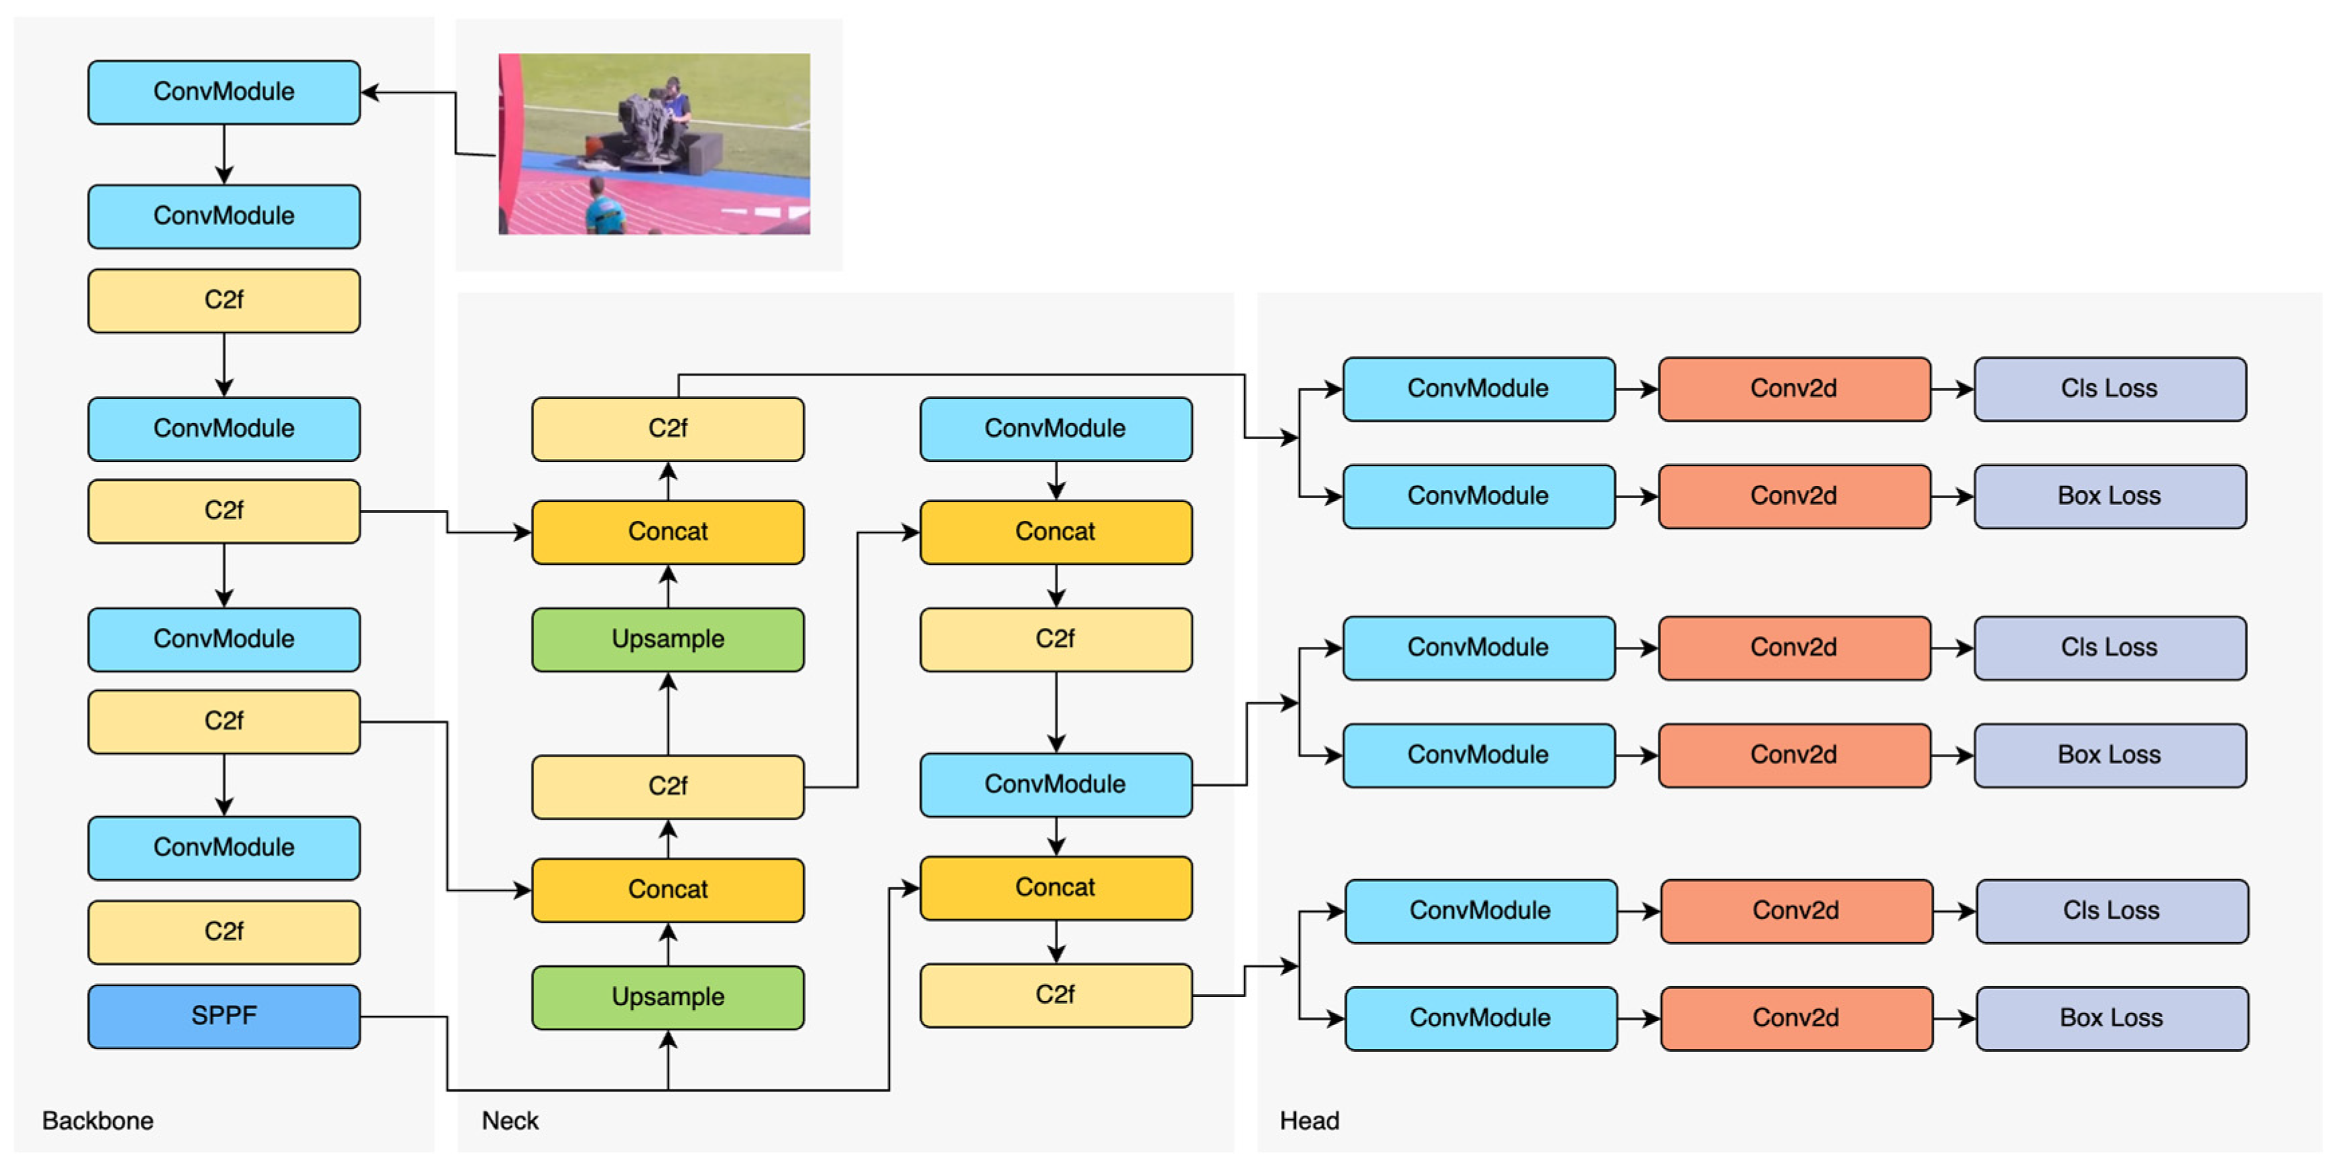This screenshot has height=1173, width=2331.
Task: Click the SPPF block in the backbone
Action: [224, 1016]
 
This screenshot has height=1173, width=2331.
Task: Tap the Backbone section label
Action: [98, 1121]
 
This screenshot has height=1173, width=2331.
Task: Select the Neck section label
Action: [509, 1121]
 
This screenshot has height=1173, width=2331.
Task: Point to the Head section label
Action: [1309, 1121]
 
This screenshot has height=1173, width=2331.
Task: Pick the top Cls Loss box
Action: [2109, 389]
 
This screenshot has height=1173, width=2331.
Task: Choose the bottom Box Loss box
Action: [2111, 1018]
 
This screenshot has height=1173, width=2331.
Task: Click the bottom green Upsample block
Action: [668, 998]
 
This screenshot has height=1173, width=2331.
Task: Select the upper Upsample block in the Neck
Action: [668, 639]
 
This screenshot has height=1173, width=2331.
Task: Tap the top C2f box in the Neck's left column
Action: [668, 428]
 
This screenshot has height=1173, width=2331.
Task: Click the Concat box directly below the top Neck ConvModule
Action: [1055, 532]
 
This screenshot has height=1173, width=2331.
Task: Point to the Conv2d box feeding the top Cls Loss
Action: [1794, 389]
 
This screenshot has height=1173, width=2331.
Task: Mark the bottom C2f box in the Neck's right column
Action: [1055, 995]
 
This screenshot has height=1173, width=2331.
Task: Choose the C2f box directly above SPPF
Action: [224, 931]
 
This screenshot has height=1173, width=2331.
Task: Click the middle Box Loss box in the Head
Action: [2109, 755]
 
